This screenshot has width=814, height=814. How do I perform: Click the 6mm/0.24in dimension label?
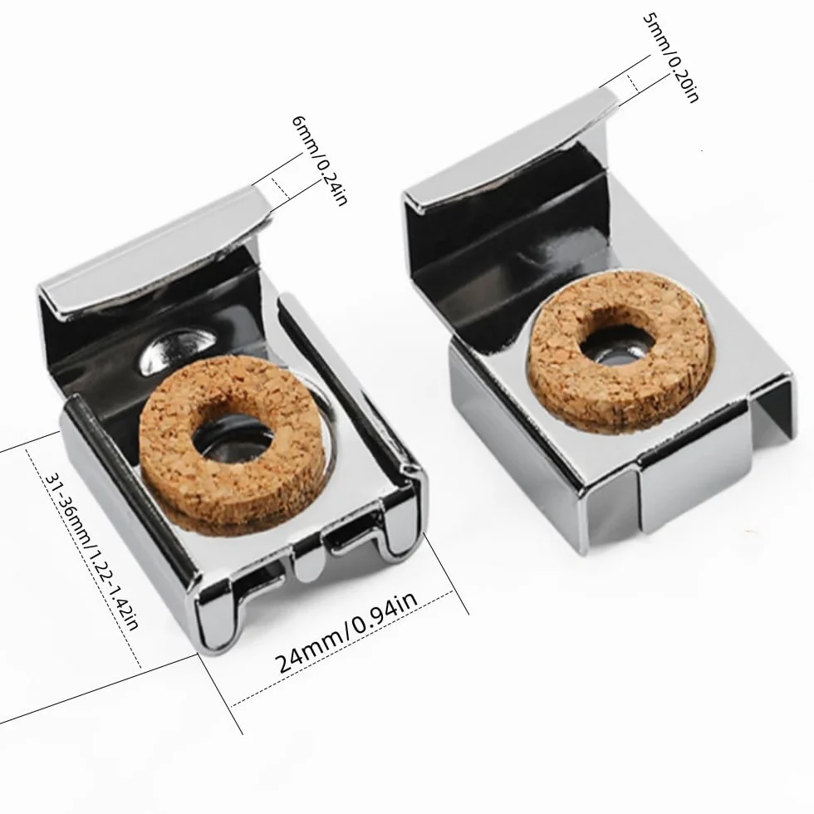click(x=319, y=160)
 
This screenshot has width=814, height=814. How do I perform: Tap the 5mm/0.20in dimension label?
click(x=671, y=57)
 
